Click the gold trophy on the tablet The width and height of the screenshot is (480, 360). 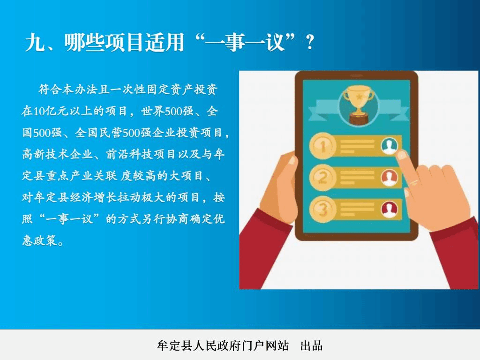click(358, 104)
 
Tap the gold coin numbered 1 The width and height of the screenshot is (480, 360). click(323, 146)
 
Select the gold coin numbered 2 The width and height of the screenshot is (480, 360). click(323, 178)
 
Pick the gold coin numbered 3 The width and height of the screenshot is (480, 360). click(323, 210)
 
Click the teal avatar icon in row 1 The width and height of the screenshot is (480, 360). click(390, 146)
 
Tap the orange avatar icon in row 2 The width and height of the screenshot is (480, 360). click(390, 178)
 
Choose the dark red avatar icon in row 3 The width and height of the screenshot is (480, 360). click(390, 210)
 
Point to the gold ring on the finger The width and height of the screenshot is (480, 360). click(414, 183)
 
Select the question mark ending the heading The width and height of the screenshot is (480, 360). click(310, 42)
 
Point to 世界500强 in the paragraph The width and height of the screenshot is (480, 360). click(167, 111)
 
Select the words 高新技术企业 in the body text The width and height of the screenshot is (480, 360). click(58, 154)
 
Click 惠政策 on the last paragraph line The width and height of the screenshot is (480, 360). click(39, 240)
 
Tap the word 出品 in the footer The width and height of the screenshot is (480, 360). click(311, 345)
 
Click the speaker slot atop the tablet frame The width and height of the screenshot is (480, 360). click(357, 75)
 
